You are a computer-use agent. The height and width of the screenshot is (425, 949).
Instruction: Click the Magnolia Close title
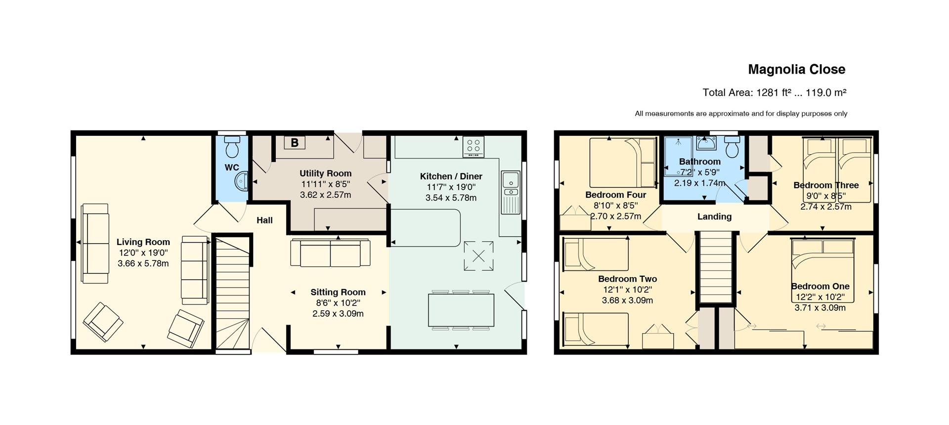point(796,70)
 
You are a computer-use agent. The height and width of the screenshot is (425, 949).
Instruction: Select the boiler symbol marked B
point(295,143)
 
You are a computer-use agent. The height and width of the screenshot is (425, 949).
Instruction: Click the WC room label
point(232,168)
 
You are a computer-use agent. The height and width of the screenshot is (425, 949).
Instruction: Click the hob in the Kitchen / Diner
point(474,147)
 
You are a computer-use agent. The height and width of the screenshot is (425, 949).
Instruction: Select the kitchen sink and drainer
point(510,192)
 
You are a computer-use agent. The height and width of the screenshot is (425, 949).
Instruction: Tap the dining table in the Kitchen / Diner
point(461,310)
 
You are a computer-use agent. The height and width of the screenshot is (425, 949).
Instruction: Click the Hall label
point(264,220)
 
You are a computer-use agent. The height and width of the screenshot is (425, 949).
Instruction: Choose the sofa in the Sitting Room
point(330,253)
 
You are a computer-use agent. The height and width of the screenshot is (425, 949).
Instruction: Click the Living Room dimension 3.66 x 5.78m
point(143,264)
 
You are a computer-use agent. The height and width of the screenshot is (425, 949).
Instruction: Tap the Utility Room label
point(326,173)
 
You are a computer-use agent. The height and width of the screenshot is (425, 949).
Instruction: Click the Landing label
point(714,216)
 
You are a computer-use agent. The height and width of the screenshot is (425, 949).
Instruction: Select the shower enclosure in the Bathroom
point(679,156)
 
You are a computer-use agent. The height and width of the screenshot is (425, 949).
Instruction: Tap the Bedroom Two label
point(627,279)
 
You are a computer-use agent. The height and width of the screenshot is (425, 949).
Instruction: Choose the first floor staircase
point(715,267)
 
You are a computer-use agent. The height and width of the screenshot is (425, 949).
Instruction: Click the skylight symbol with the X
point(478,256)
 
